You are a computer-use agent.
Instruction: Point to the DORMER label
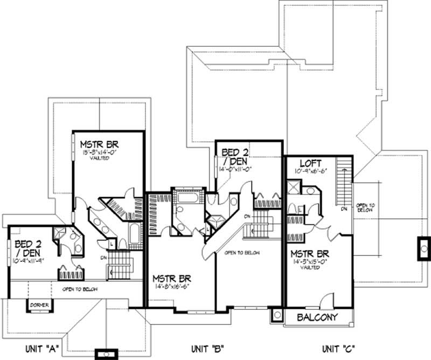click(x=40, y=306)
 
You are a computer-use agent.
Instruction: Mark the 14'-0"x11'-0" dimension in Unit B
click(x=235, y=170)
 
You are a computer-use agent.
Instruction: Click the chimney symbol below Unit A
click(x=106, y=354)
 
